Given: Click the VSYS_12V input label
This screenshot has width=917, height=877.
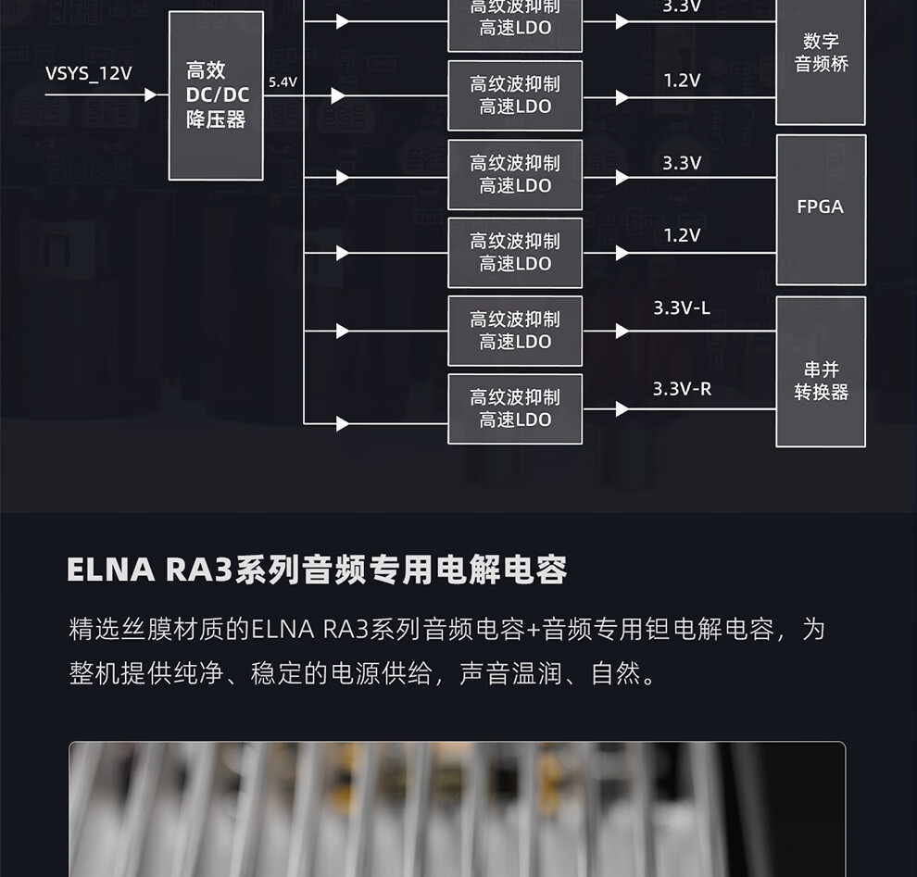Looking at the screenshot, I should coord(89,73).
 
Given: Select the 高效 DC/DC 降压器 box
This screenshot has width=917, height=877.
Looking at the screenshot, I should coord(217,95).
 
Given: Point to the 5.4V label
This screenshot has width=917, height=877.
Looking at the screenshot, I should coord(283,82).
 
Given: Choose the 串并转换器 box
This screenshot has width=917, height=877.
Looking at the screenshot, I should coord(821,370).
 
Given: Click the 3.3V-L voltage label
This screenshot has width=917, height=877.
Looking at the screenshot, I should coord(682,308).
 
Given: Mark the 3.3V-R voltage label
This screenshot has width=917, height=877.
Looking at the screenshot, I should coord(682,389).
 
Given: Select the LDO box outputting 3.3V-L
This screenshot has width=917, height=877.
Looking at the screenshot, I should coord(515,331).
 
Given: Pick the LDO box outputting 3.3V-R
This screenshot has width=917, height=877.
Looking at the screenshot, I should coord(515,408).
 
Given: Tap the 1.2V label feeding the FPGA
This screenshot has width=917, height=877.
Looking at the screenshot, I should coord(682,235).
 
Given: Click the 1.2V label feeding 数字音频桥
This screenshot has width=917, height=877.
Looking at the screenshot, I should coord(682,81).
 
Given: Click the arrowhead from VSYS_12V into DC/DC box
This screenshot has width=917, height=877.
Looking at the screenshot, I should coord(150,94).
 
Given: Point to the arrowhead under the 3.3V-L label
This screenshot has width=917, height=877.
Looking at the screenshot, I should coord(622,331).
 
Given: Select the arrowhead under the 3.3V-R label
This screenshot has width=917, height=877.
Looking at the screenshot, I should coord(622,409).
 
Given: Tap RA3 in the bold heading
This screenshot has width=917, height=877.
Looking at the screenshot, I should coord(198,570).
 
